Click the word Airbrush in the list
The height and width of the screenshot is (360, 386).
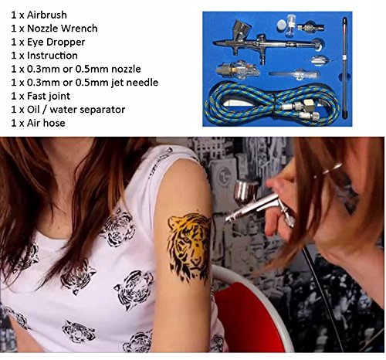(47, 15)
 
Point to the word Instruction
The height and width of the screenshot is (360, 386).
(52, 56)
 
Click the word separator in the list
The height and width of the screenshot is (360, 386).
(100, 110)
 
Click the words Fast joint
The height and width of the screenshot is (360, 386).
(49, 96)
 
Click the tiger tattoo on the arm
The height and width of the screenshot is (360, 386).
(189, 246)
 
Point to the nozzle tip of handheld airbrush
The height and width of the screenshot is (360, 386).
(228, 219)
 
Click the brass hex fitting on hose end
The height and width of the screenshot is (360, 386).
(307, 105)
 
